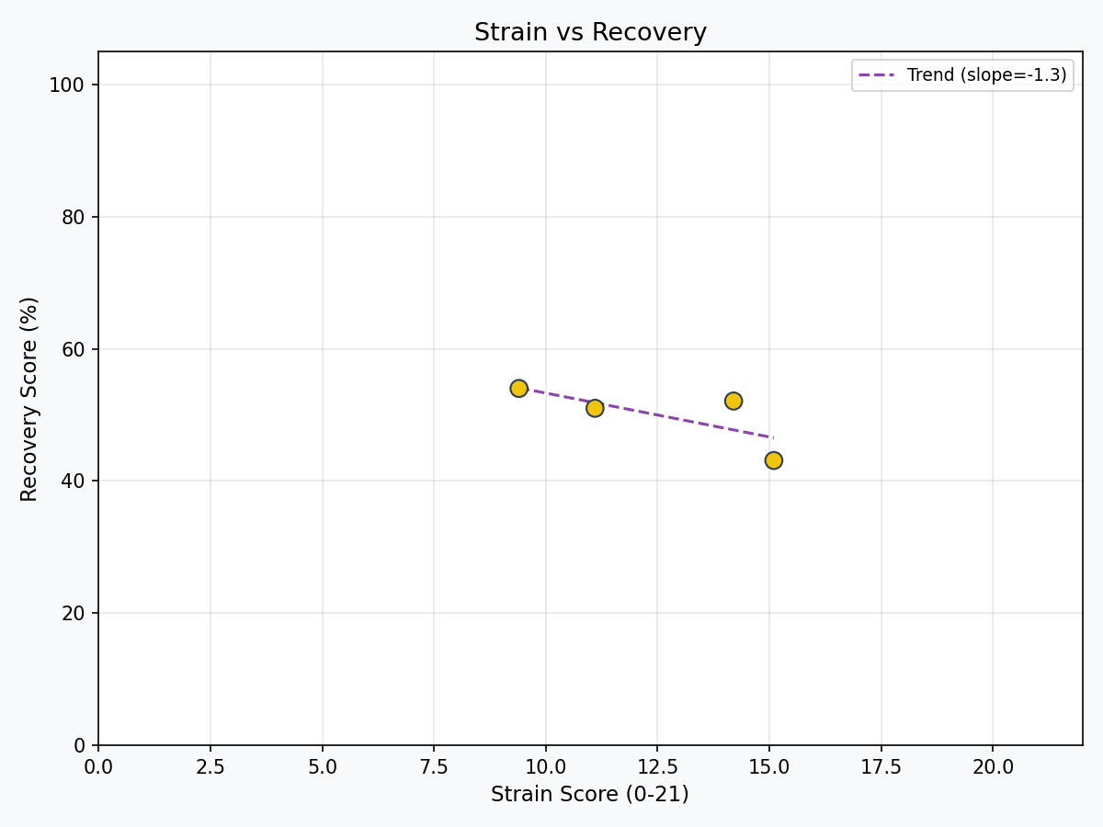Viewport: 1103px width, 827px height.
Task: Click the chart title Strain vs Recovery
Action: click(x=590, y=33)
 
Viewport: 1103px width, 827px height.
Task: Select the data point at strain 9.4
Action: click(x=518, y=389)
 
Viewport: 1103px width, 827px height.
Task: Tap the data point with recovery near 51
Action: click(x=595, y=408)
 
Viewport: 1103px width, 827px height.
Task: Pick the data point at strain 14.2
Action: click(x=733, y=401)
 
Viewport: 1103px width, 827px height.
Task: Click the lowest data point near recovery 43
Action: click(x=774, y=460)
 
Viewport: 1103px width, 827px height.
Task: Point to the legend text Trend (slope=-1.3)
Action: click(x=986, y=75)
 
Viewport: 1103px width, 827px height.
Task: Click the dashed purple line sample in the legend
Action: click(x=876, y=75)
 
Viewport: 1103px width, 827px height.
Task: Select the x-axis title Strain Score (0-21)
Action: click(x=589, y=795)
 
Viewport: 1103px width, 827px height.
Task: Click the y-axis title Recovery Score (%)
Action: click(x=29, y=399)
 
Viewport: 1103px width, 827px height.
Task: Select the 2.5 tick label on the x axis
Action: click(x=210, y=766)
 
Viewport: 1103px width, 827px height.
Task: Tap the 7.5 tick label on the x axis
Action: click(x=434, y=766)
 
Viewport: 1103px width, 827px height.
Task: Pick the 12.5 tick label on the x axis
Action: click(x=657, y=766)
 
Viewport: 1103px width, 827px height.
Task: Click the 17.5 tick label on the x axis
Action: click(x=881, y=766)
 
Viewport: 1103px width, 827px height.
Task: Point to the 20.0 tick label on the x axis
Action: click(x=993, y=766)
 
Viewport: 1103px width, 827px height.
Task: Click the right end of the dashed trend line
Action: click(x=773, y=437)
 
